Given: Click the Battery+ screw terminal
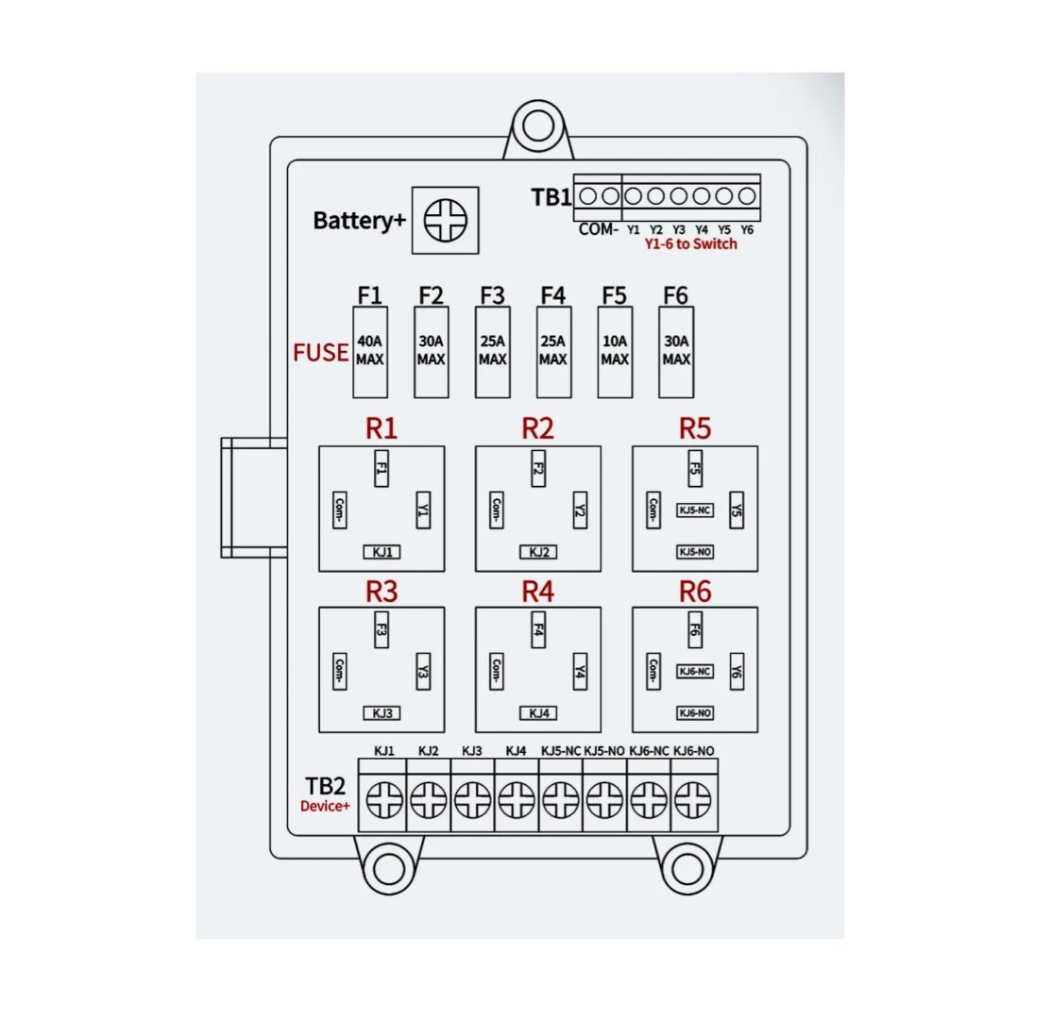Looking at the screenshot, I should (x=445, y=221).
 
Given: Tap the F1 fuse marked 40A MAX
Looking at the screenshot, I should (x=370, y=351).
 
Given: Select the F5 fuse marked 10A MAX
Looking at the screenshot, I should (x=615, y=351).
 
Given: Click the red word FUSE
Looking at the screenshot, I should (x=320, y=353).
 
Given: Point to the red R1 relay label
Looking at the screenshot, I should (x=381, y=428).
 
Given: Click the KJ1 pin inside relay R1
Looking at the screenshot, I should (x=381, y=552).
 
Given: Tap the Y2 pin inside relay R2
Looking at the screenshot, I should (x=580, y=510).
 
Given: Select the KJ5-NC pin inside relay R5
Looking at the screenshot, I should (x=695, y=510).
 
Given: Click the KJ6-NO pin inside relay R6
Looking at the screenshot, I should (x=695, y=713).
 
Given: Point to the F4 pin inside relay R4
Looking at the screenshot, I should (x=538, y=628).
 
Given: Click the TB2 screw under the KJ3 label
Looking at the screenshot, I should (x=472, y=802).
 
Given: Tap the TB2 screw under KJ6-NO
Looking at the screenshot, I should (x=693, y=802).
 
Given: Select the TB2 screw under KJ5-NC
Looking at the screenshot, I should (x=561, y=802).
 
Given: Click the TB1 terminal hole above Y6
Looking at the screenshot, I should (x=747, y=196).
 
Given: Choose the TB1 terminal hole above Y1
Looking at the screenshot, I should (x=634, y=196).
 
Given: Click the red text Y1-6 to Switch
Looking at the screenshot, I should (x=690, y=244).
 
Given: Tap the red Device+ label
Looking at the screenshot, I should (x=325, y=806).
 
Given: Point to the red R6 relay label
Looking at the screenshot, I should (x=695, y=592).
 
